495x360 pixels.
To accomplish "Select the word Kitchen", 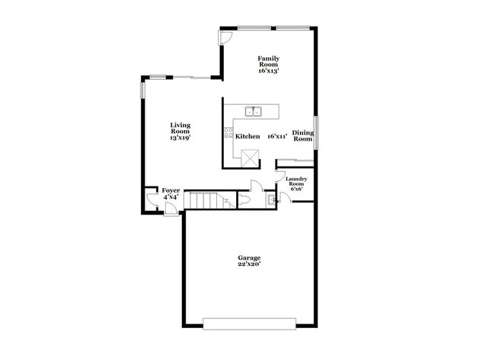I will [x=247, y=136].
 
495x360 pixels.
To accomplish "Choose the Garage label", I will [x=249, y=260].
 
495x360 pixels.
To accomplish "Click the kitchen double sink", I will [x=253, y=112].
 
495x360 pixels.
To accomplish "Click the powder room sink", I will [x=270, y=201].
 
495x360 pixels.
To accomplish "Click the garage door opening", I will [x=249, y=323].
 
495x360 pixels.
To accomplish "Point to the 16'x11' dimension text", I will [x=276, y=136].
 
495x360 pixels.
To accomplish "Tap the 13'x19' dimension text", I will [x=180, y=138].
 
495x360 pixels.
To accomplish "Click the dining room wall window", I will [x=316, y=129].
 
